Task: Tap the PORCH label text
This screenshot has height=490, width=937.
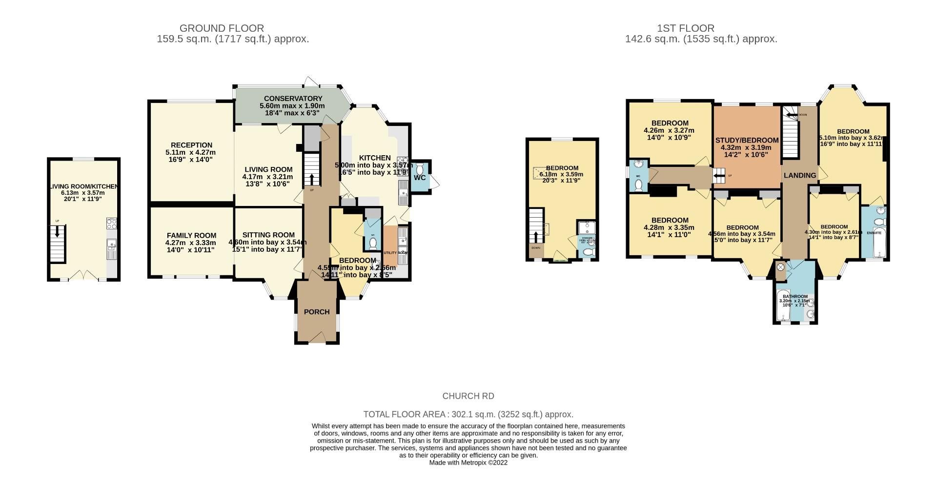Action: point(317,312)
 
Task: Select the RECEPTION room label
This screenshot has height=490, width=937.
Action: point(191,145)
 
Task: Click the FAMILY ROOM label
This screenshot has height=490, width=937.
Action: point(191,235)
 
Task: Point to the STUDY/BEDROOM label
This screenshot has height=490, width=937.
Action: point(747,140)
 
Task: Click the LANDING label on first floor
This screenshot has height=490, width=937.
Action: point(799,175)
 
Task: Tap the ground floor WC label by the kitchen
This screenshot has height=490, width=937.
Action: point(420,178)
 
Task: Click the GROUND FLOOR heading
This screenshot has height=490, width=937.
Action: point(222,28)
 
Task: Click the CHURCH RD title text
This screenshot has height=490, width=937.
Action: point(468,396)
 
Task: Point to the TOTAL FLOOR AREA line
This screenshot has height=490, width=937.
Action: point(468,414)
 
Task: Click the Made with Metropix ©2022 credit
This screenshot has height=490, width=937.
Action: point(468,463)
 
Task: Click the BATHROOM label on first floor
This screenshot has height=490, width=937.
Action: point(795,296)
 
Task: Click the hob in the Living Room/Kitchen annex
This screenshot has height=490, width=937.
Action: point(112,224)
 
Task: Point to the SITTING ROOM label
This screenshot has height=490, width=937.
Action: point(268,235)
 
